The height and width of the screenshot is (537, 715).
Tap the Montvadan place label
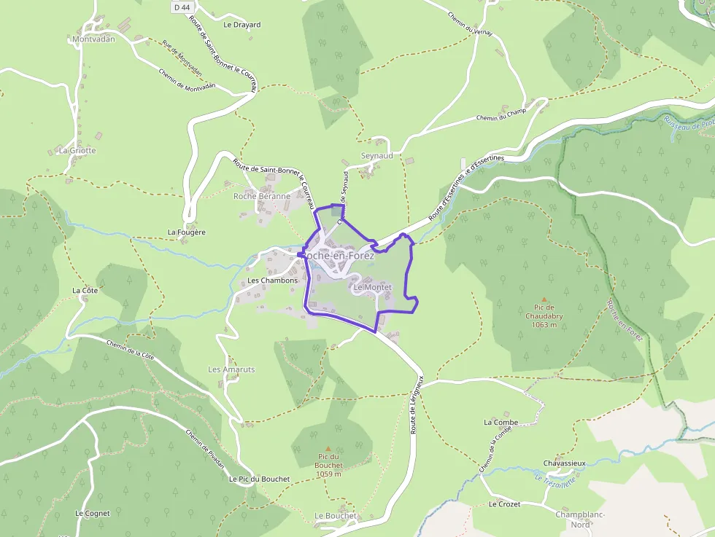pyautogui.click(x=94, y=39)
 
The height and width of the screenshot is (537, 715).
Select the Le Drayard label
pyautogui.click(x=241, y=24)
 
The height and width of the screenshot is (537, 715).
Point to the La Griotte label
pyautogui.click(x=77, y=150)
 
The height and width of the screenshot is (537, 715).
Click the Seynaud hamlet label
pyautogui.click(x=377, y=156)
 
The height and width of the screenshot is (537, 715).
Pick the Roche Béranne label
pyautogui.click(x=262, y=196)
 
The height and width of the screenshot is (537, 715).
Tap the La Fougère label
pyautogui.click(x=187, y=232)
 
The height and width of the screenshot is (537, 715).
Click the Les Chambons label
pyautogui.click(x=273, y=280)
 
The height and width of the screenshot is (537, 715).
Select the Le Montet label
pyautogui.click(x=372, y=287)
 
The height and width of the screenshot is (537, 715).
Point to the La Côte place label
pyautogui.click(x=85, y=290)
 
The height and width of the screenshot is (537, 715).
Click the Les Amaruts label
pyautogui.click(x=231, y=369)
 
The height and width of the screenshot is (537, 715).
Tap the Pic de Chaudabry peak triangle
pyautogui.click(x=544, y=299)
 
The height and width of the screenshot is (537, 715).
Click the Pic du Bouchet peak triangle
pyautogui.click(x=328, y=448)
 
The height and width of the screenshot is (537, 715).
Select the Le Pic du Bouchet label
pyautogui.click(x=259, y=479)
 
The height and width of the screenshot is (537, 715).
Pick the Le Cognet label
pyautogui.click(x=93, y=513)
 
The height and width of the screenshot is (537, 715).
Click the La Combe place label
pyautogui.click(x=500, y=422)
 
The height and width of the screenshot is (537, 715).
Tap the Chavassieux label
pyautogui.click(x=565, y=463)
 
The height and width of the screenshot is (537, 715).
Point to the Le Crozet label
pyautogui.click(x=503, y=503)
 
